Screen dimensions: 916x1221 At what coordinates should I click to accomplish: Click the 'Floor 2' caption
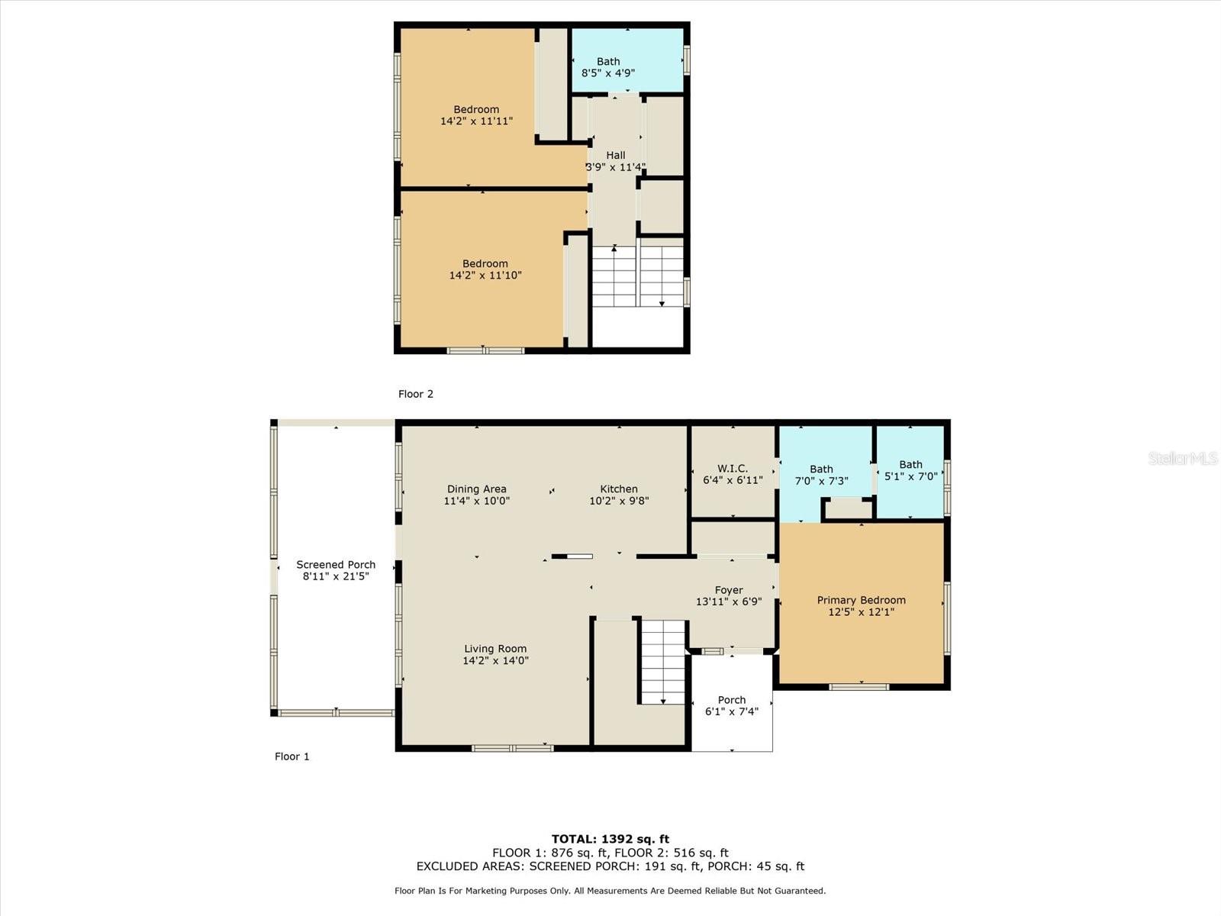416,394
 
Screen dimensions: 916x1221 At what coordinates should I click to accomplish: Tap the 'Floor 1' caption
292,756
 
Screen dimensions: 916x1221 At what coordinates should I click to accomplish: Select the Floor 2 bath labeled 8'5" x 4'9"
608,67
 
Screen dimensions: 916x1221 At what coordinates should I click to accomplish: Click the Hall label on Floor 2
616,155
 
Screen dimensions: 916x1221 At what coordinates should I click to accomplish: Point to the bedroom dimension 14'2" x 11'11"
476,121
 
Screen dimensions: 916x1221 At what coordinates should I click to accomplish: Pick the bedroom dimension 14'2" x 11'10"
485,276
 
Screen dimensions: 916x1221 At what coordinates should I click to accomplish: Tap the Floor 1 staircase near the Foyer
662,661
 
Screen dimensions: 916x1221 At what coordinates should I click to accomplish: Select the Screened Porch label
336,565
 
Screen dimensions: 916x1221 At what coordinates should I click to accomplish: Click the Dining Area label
477,489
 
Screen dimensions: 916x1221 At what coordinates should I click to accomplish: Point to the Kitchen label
619,489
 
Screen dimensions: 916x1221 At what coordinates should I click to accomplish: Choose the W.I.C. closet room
733,474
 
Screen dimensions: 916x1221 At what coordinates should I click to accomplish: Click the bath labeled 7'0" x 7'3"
822,475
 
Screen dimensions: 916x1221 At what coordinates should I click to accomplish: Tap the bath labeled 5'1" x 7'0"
910,470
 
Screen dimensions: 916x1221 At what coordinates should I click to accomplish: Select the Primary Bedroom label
862,600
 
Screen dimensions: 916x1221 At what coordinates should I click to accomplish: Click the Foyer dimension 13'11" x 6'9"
729,602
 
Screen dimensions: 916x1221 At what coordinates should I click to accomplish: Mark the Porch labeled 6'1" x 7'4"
732,705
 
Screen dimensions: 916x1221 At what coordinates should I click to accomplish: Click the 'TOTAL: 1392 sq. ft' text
610,839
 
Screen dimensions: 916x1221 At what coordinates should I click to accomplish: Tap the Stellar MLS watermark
1183,458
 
